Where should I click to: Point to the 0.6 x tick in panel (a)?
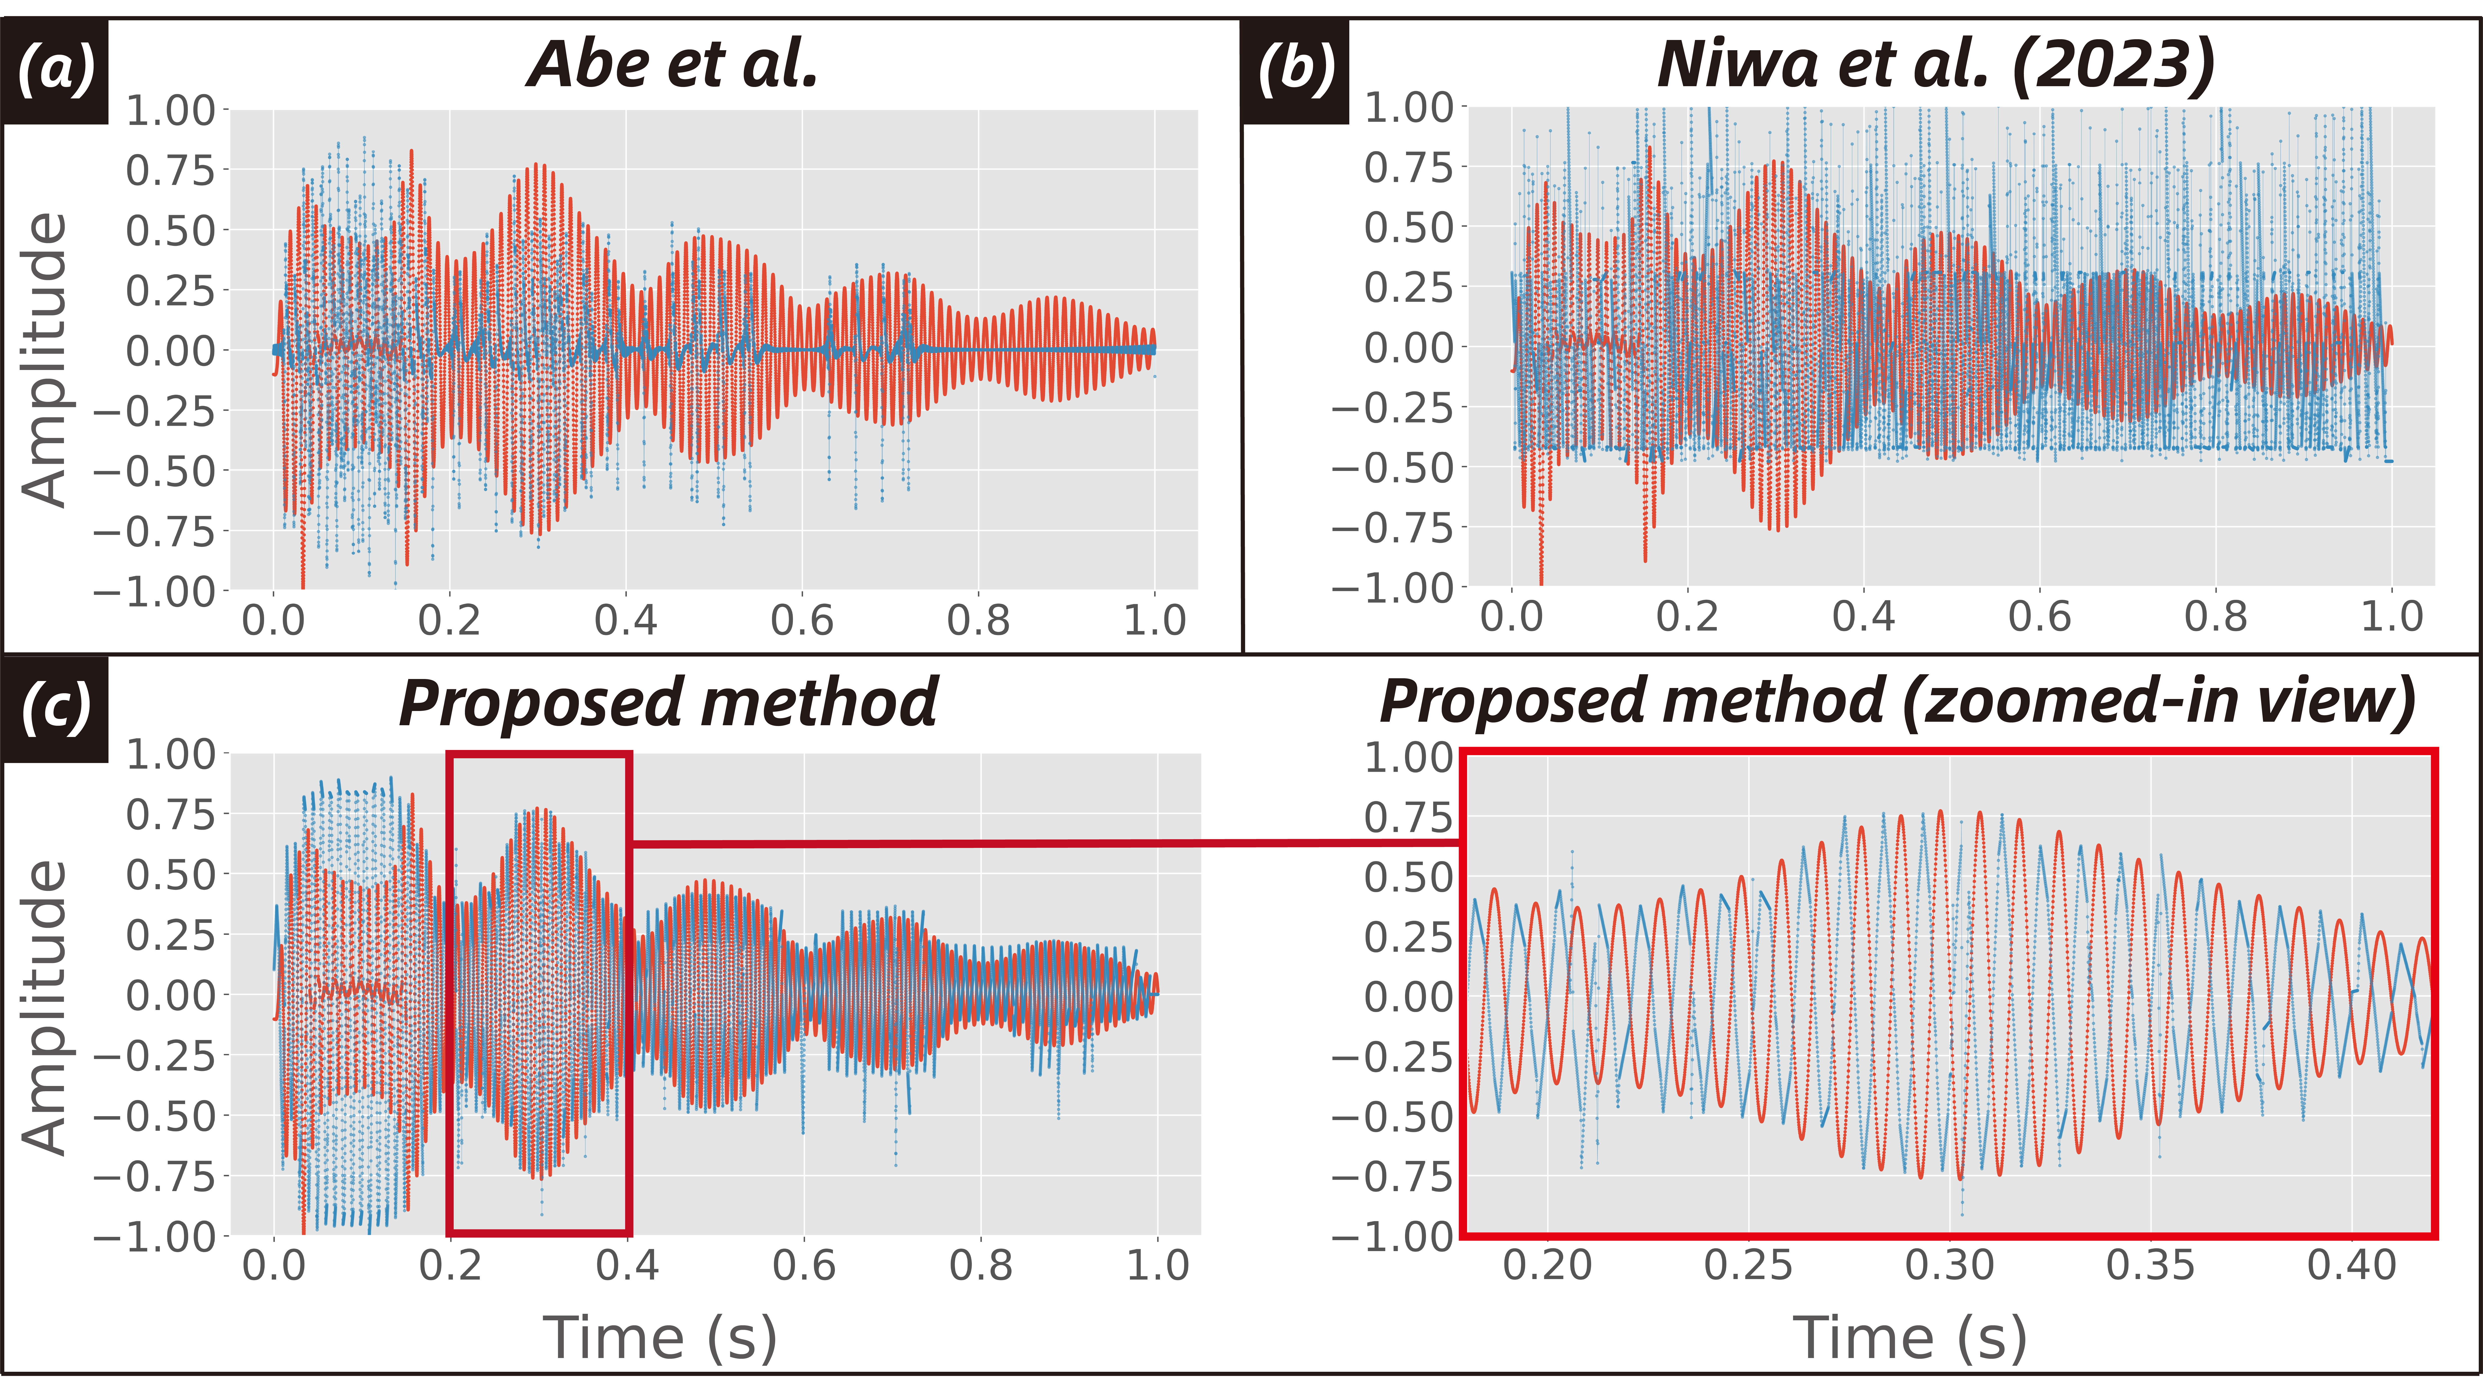coord(802,620)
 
